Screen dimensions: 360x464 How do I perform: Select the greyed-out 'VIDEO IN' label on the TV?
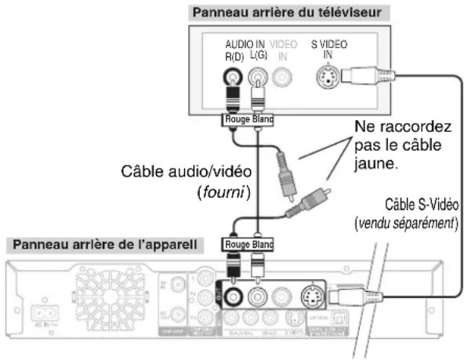coord(284,52)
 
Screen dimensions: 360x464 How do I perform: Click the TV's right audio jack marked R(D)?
coord(233,77)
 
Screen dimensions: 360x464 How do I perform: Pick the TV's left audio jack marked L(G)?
coord(258,77)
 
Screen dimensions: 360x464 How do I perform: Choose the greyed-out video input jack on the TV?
coord(283,77)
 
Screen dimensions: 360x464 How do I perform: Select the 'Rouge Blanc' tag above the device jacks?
coord(249,245)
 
